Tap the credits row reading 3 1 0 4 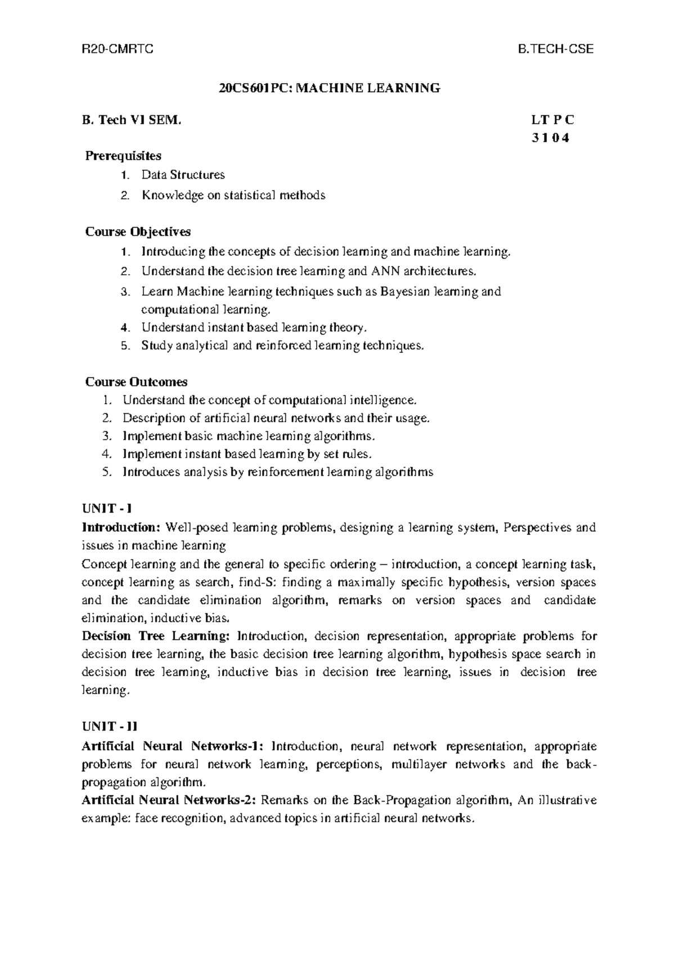(x=550, y=138)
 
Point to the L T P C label (x=552, y=120)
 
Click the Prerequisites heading (x=123, y=155)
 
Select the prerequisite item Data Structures (x=183, y=175)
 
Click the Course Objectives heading (x=138, y=232)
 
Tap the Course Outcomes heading (x=136, y=382)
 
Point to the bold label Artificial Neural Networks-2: (x=169, y=800)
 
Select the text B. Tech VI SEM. (x=133, y=120)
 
